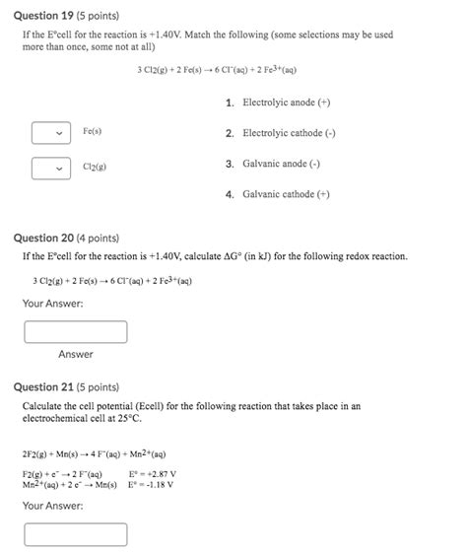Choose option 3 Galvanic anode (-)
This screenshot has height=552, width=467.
click(284, 164)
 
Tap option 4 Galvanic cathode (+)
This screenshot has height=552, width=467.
click(286, 195)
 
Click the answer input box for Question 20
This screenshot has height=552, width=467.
click(76, 332)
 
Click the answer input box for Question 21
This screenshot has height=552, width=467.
click(76, 534)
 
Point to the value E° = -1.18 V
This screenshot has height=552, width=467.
click(152, 485)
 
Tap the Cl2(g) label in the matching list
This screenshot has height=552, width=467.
click(96, 168)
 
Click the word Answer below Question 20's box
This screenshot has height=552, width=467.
click(75, 355)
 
